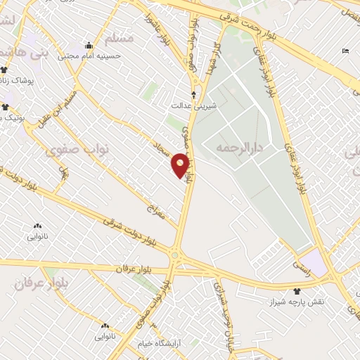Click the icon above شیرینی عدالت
coord(194,94)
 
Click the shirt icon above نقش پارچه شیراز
coord(297,290)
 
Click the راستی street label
coord(301,261)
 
